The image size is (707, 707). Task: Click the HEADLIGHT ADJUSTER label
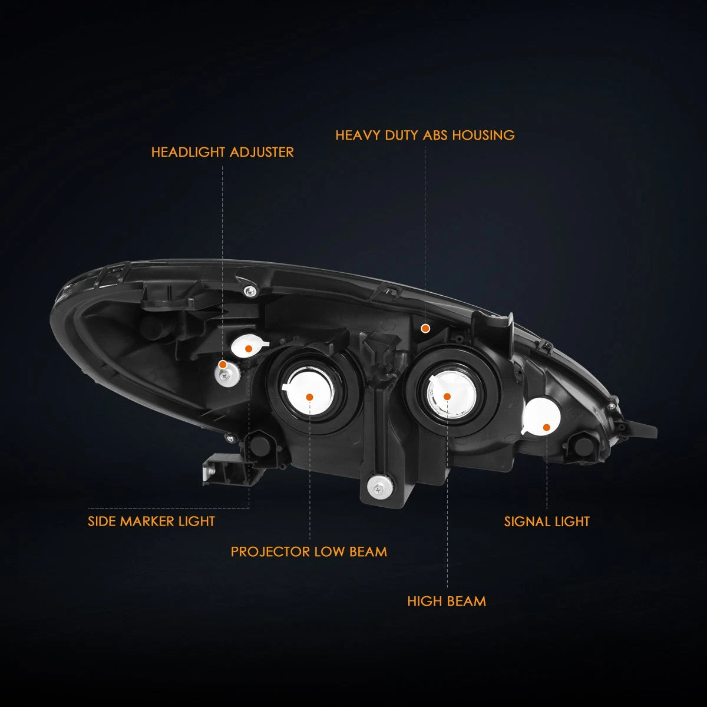[222, 152]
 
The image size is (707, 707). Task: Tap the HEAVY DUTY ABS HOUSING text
[425, 136]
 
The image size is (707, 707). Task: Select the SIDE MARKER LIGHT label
[151, 521]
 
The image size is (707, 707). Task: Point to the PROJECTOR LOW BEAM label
[309, 552]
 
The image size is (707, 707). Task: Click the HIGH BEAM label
[447, 602]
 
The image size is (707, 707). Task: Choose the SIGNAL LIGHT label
[547, 521]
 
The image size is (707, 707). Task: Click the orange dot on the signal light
[547, 427]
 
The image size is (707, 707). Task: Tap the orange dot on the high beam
[447, 397]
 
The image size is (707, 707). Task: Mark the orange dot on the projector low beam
[309, 397]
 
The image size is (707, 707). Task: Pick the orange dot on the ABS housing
[425, 329]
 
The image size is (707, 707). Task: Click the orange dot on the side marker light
[249, 349]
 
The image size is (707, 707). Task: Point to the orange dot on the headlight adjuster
[222, 365]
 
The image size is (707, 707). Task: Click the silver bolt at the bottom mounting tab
[380, 488]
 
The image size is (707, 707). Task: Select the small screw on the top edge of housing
[250, 291]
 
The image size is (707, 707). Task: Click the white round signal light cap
[541, 417]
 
